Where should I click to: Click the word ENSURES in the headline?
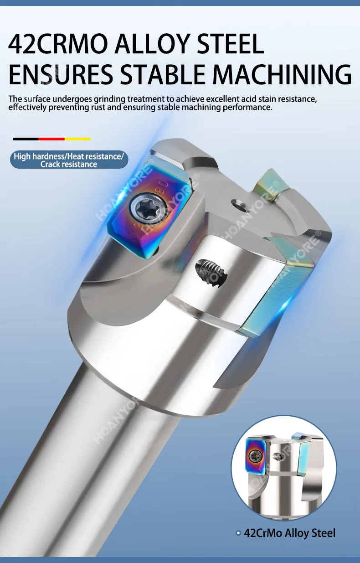61,74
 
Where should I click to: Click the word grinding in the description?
109,99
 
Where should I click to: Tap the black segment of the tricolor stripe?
26,139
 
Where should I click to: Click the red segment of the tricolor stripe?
51,139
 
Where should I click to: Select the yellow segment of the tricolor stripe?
77,139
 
